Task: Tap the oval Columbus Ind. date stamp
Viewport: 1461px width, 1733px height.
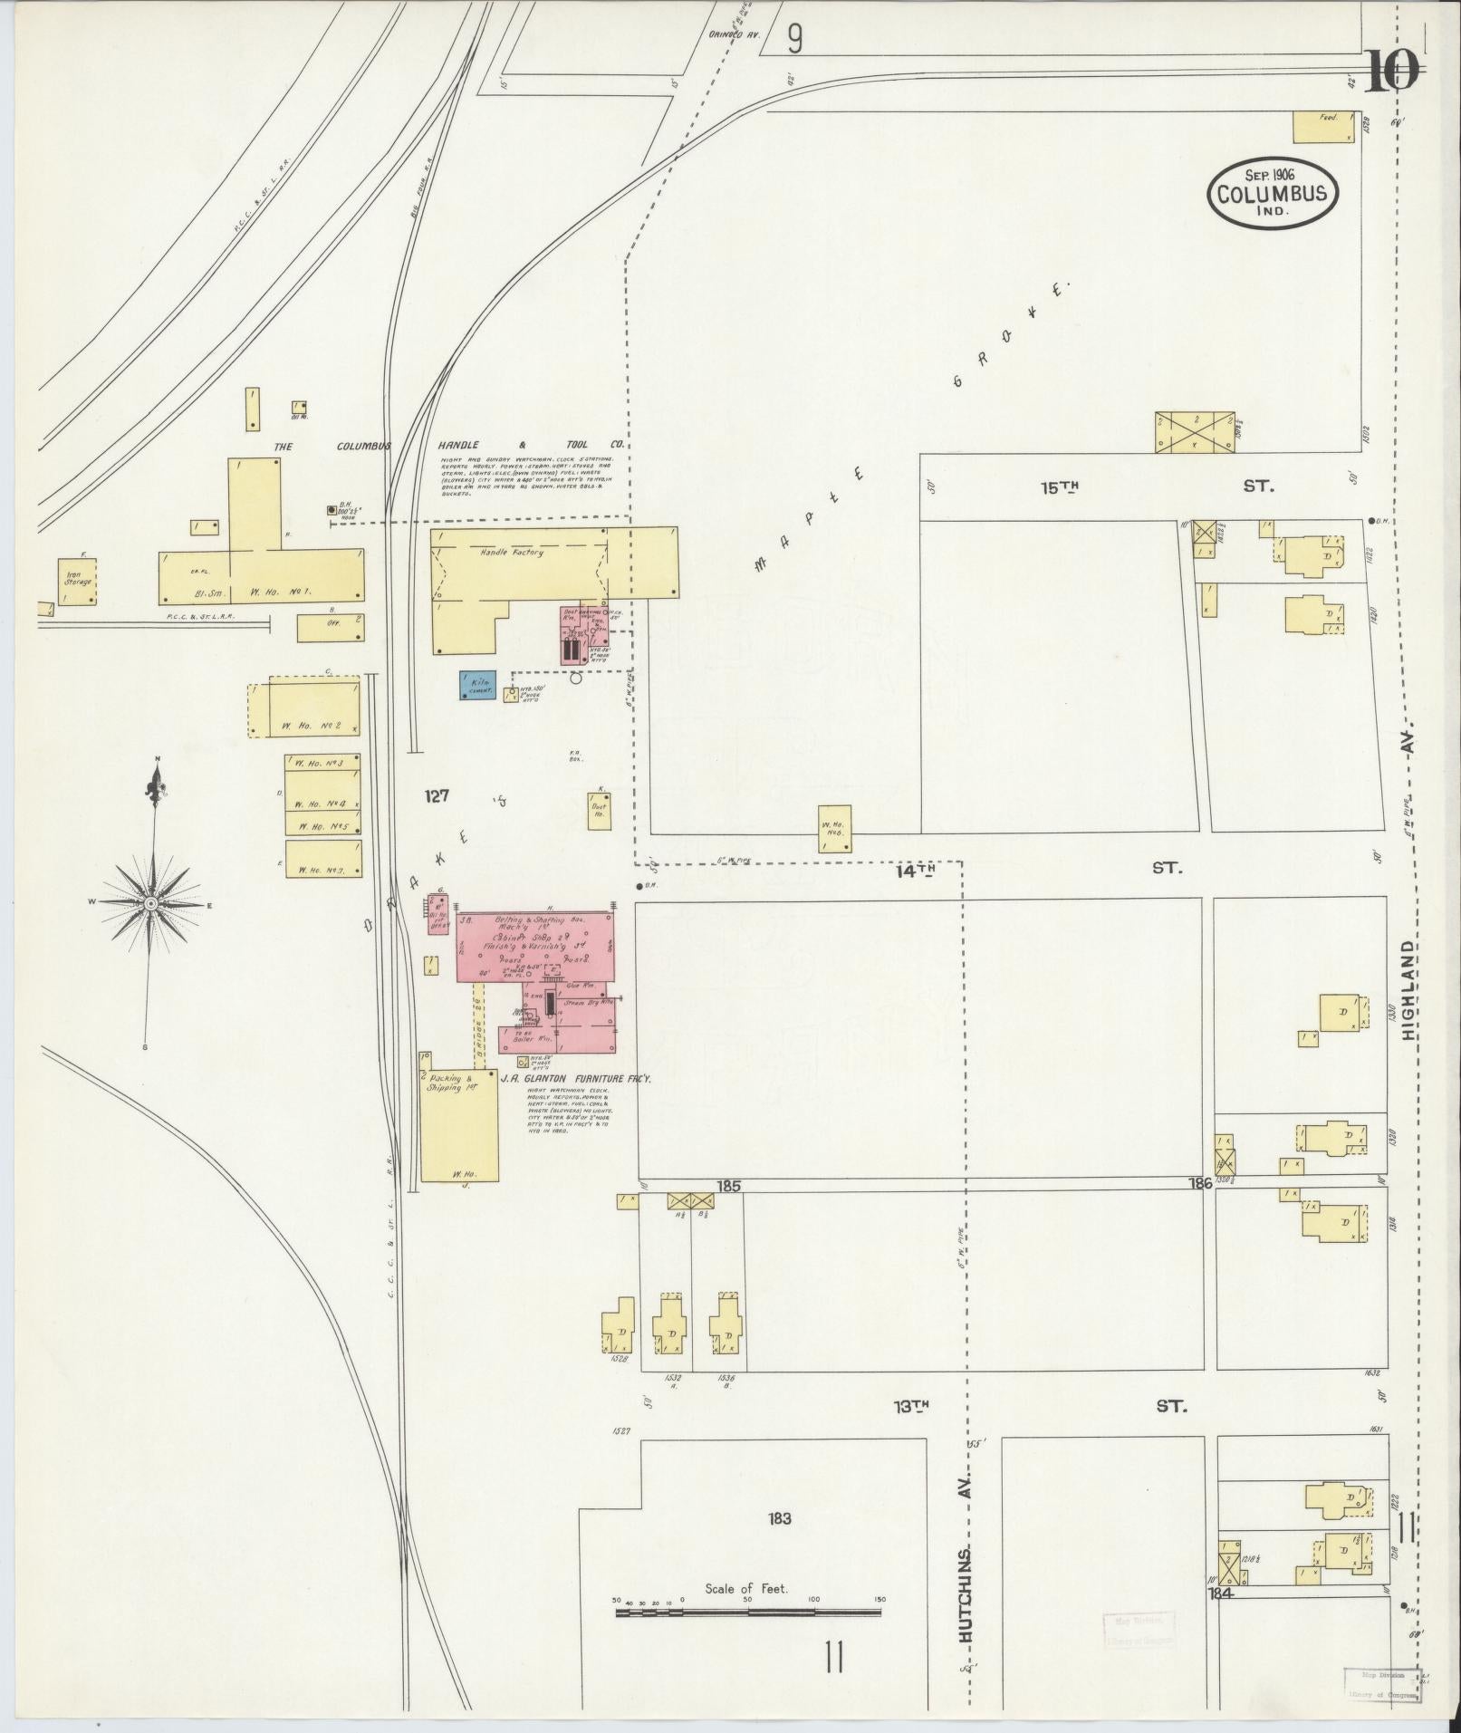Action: click(x=1272, y=193)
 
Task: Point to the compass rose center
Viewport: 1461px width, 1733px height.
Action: click(x=151, y=903)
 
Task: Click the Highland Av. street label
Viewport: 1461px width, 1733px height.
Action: click(x=1408, y=987)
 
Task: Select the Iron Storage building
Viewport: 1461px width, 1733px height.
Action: click(x=76, y=582)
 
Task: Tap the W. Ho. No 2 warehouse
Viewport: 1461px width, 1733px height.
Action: click(x=303, y=709)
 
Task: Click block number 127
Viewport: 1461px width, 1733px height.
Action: click(x=437, y=796)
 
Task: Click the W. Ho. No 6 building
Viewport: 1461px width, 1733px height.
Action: click(x=834, y=828)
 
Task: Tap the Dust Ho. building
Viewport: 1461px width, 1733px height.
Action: click(x=599, y=809)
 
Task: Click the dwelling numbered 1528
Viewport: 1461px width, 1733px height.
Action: click(x=620, y=1327)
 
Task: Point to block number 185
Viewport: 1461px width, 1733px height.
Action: click(x=728, y=1185)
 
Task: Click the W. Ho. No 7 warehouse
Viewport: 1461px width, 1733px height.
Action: click(x=324, y=858)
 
